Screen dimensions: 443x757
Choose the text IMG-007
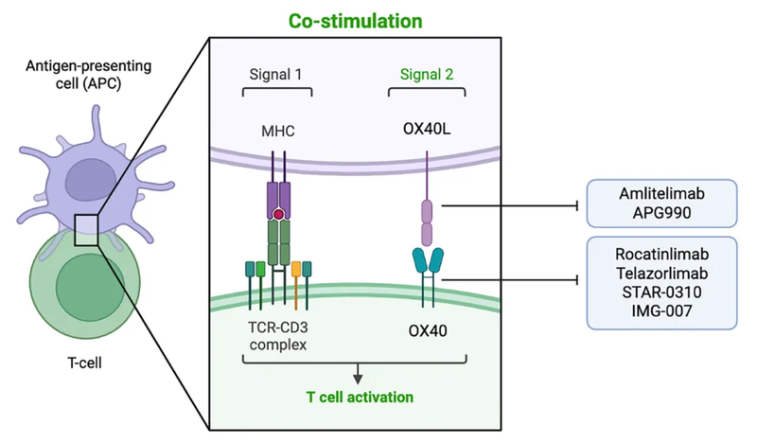point(660,310)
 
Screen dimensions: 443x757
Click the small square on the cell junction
point(87,230)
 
